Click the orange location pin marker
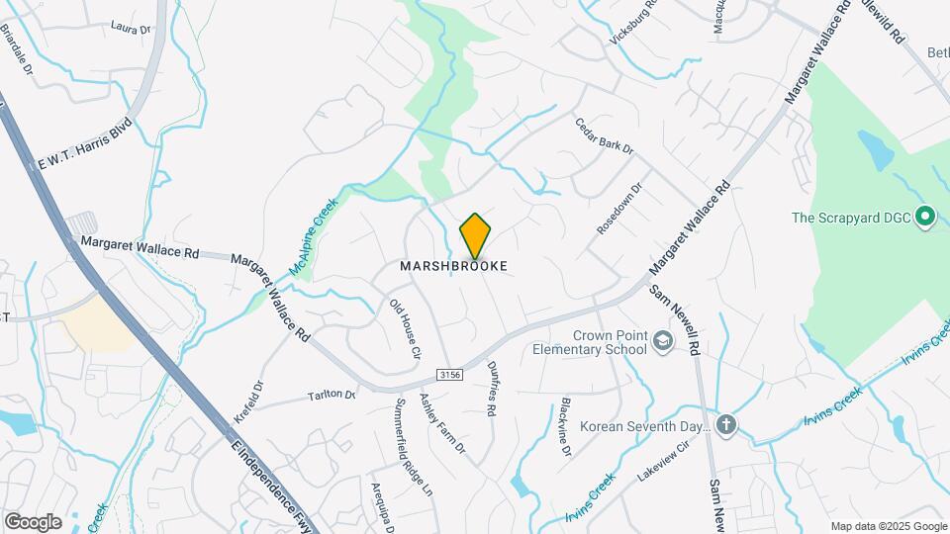(x=475, y=235)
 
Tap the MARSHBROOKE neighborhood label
(x=454, y=266)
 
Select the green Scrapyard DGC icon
(x=925, y=216)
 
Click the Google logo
(x=32, y=521)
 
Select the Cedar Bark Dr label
(x=604, y=135)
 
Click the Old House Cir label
(x=406, y=328)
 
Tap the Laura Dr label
(x=131, y=29)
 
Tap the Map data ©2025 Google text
(x=888, y=525)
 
